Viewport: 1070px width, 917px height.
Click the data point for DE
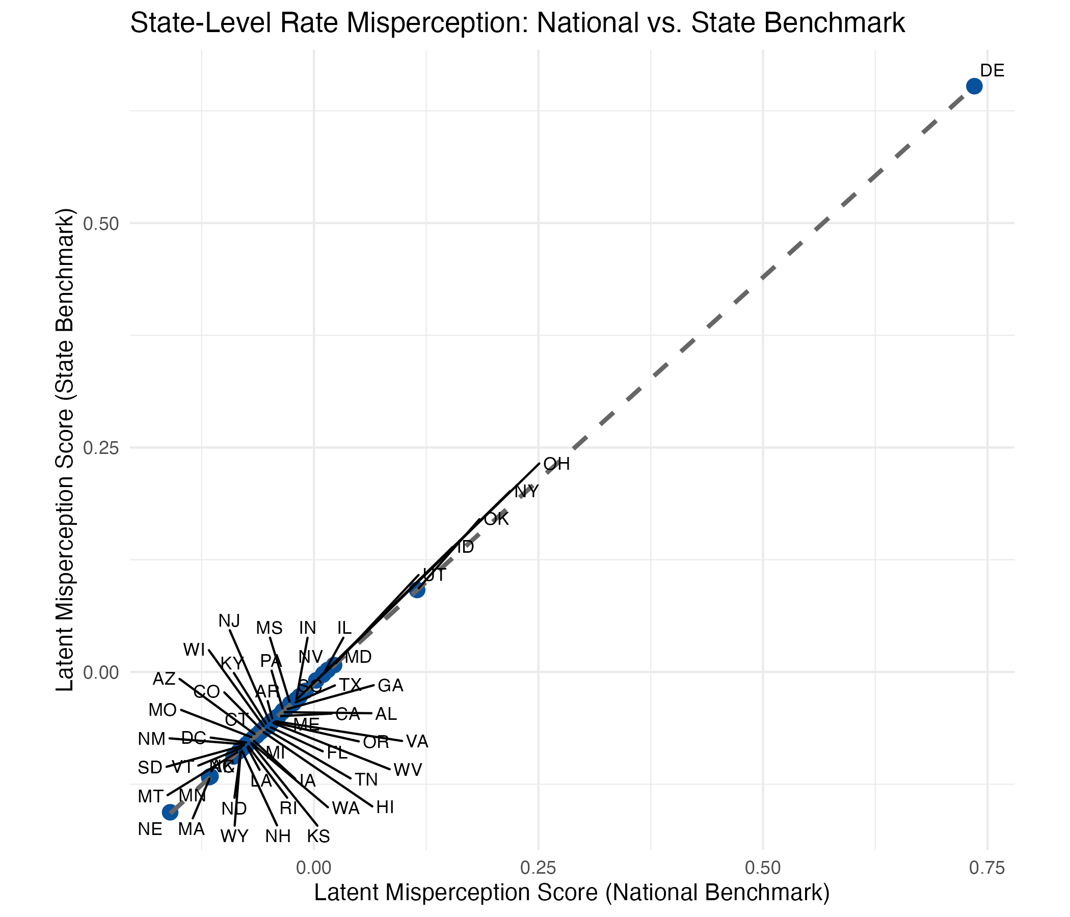click(974, 86)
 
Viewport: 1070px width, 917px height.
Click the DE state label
click(992, 71)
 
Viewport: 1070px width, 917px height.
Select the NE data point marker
click(170, 812)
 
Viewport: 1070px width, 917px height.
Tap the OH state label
click(557, 464)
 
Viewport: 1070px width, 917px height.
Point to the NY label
click(526, 492)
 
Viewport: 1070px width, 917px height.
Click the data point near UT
click(417, 589)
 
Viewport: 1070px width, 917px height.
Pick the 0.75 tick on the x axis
click(987, 868)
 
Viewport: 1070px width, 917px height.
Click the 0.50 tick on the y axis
click(101, 224)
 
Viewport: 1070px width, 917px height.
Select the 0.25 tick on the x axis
click(538, 868)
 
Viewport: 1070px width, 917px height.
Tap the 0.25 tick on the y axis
click(101, 448)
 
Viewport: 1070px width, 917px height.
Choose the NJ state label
click(229, 621)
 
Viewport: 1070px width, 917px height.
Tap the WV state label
click(408, 770)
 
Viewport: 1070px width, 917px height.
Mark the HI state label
click(385, 807)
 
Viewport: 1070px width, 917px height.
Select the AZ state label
click(164, 679)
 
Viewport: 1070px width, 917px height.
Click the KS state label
click(318, 836)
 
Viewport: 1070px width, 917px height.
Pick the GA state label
click(390, 686)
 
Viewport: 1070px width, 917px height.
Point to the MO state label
click(163, 711)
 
